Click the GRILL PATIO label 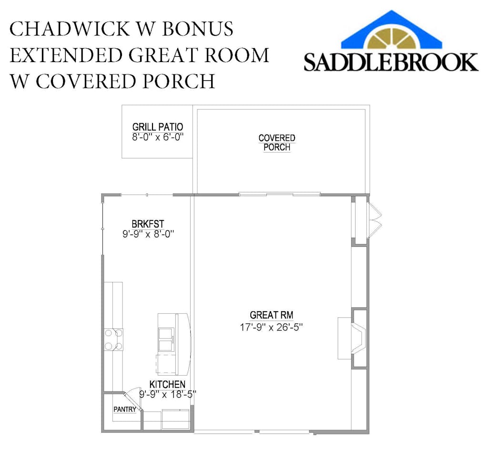[157, 127]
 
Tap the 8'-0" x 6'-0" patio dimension [158, 137]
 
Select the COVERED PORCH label [277, 143]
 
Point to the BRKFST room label [148, 224]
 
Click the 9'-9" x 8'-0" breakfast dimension [148, 234]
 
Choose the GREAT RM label [271, 315]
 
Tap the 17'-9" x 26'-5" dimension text [271, 327]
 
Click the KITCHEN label [167, 384]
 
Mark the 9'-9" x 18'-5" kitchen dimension [168, 394]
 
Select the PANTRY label [125, 409]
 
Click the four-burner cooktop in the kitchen [113, 339]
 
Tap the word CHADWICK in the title [70, 29]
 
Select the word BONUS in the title [198, 29]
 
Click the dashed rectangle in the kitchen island [167, 364]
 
